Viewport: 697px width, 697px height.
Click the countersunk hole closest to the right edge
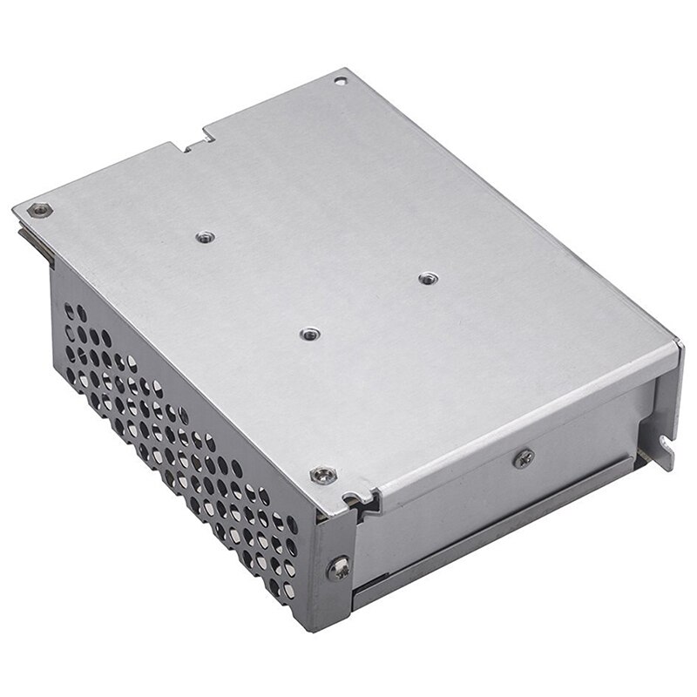[425, 278]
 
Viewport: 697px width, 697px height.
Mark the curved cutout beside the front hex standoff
[357, 499]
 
